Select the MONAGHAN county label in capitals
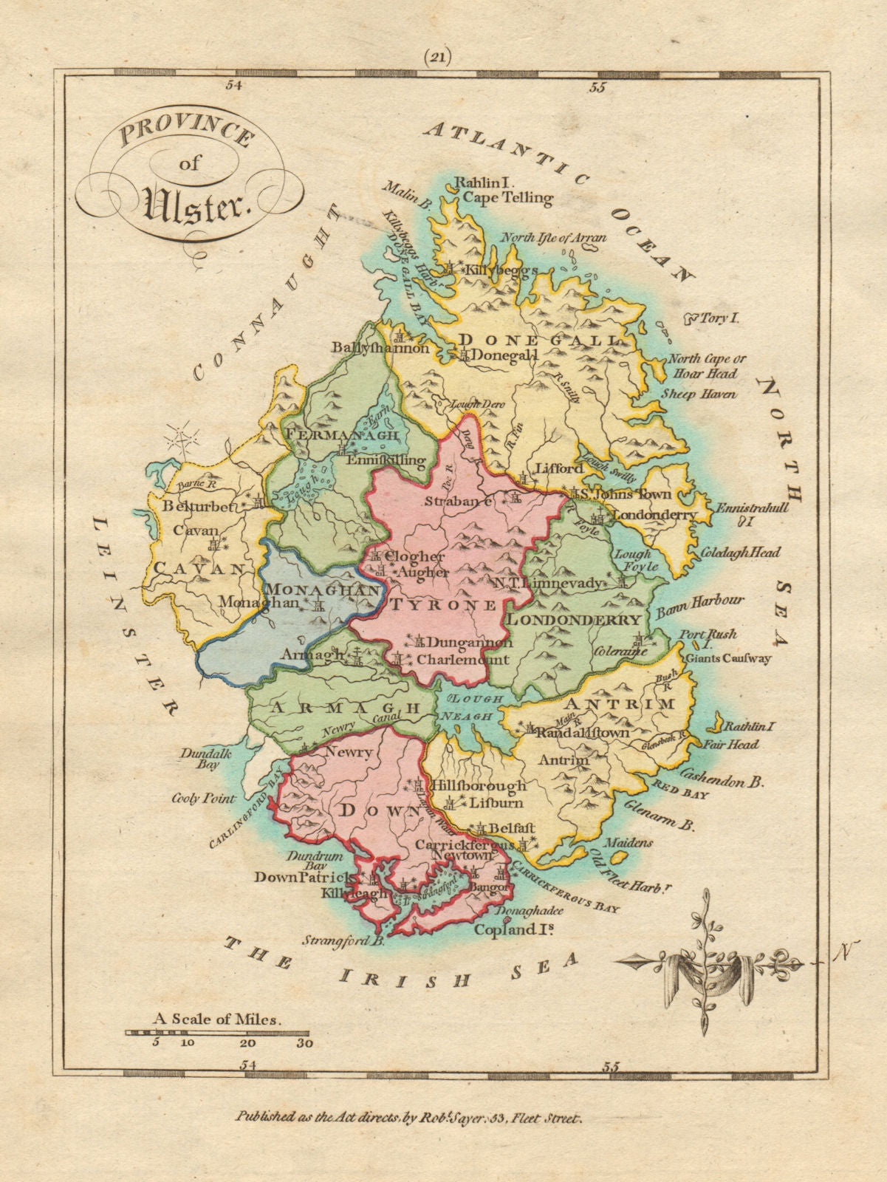click(324, 590)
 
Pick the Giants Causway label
click(728, 658)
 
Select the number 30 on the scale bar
click(304, 1044)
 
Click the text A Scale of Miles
click(218, 1019)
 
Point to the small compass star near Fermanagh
click(182, 441)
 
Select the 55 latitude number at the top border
click(597, 89)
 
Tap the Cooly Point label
click(204, 799)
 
